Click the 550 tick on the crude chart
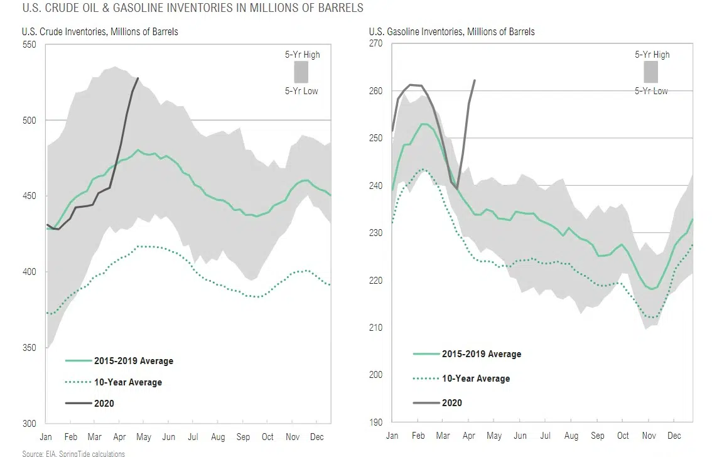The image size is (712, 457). click(x=30, y=44)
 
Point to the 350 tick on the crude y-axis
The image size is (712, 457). click(x=30, y=348)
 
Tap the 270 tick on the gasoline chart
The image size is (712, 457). click(x=375, y=43)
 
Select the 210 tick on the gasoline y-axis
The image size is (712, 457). click(x=375, y=328)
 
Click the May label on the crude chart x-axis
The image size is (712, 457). click(x=144, y=437)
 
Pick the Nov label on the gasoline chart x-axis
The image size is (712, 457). click(x=649, y=436)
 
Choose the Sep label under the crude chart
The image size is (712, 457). click(x=243, y=437)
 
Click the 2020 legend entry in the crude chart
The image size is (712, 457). click(x=104, y=403)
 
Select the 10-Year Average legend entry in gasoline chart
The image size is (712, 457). click(x=476, y=379)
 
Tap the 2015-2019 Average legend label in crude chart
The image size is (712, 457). click(x=133, y=361)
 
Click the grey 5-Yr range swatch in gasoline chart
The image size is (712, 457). click(x=650, y=72)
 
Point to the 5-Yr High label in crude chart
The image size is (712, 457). click(x=302, y=55)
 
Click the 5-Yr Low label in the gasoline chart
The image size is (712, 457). click(x=651, y=91)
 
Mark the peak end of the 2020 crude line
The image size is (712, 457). click(x=138, y=78)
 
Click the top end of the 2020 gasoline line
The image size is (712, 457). click(x=474, y=80)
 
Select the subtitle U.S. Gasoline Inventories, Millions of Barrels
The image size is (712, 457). click(x=451, y=31)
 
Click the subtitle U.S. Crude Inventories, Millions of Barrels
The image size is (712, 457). click(x=100, y=31)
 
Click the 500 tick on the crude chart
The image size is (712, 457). click(x=30, y=120)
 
